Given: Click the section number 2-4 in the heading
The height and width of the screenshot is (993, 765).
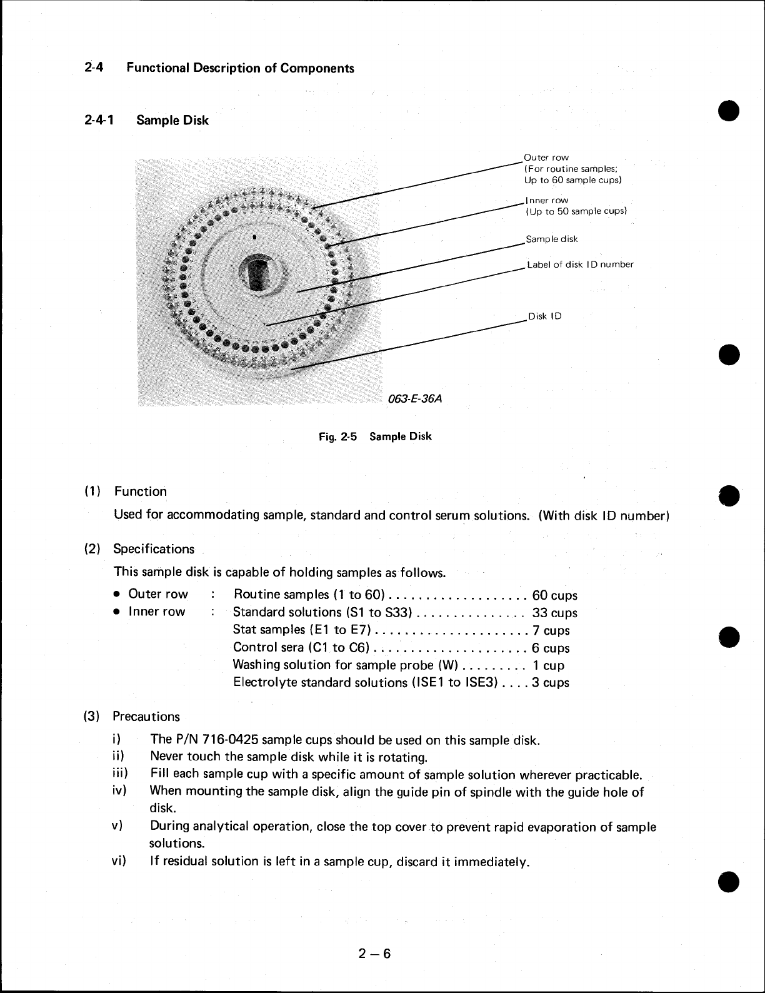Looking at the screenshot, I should coord(93,68).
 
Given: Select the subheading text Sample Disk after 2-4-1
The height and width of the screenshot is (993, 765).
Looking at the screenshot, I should coord(172,120).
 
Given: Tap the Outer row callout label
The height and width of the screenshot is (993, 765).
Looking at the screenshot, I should coord(546,158).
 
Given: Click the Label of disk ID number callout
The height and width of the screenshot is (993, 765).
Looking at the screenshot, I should coord(580,265).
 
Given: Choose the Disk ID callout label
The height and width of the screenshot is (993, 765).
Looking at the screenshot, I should coord(545,316).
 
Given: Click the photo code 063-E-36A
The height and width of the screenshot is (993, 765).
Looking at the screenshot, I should coord(414,398).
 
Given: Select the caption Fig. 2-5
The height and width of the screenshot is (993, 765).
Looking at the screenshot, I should coord(337,436).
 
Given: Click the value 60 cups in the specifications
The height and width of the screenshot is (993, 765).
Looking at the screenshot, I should coord(554,595).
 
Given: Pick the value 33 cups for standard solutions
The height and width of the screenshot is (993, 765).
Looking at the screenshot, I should coord(554,613).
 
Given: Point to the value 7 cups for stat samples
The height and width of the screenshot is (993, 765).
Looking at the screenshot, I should coord(551,630).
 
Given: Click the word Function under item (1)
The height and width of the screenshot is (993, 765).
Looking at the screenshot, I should coord(140,491).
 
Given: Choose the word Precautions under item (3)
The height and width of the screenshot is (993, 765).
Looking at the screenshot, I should coord(146,717).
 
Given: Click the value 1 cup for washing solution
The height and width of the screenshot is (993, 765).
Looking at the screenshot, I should coord(548,665).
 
